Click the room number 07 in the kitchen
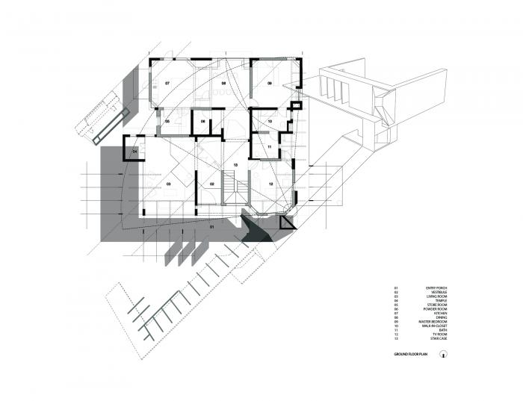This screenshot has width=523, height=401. [x=167, y=83]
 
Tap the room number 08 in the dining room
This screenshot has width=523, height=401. [x=223, y=83]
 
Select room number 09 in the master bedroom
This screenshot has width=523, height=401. [x=270, y=84]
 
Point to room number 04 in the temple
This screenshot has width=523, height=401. [x=135, y=152]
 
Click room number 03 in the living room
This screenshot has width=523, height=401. [x=169, y=184]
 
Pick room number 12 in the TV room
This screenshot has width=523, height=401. [x=271, y=184]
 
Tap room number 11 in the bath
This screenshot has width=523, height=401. [x=270, y=147]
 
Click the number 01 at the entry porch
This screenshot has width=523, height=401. [x=211, y=226]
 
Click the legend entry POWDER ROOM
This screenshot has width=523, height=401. [x=436, y=309]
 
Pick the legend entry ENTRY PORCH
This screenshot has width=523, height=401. [x=436, y=287]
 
